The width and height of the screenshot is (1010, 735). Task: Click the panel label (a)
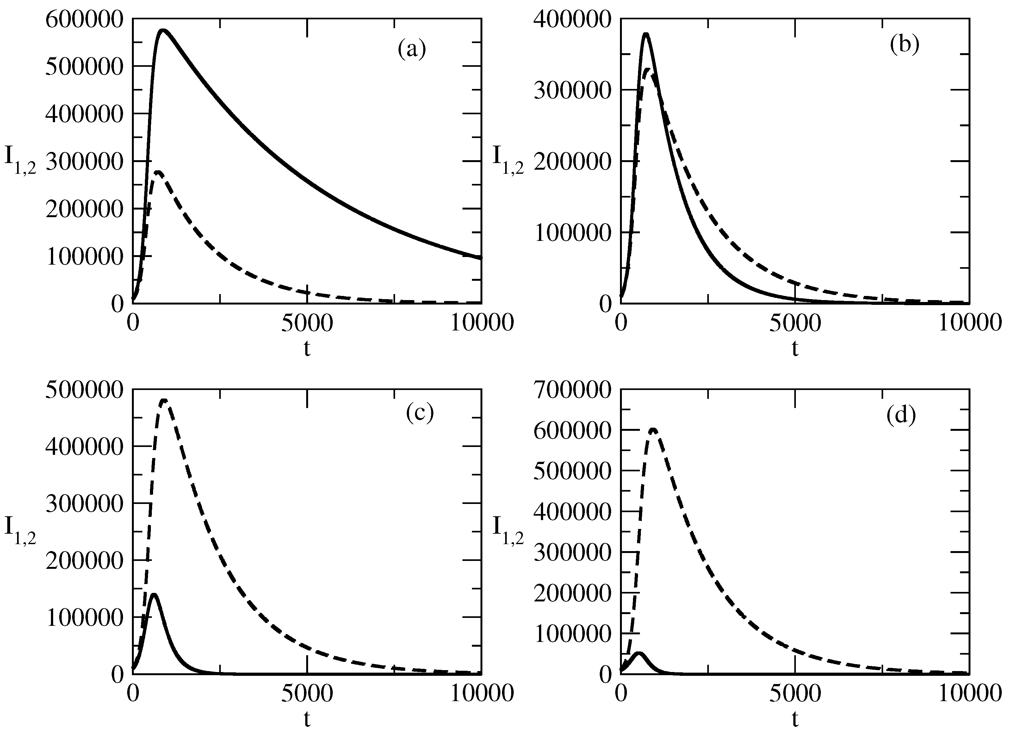coord(412,49)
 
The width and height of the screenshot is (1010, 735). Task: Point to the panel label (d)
coord(901,415)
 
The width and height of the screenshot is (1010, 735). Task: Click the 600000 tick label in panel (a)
coord(84,20)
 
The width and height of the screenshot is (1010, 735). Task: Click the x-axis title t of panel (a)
coord(307,349)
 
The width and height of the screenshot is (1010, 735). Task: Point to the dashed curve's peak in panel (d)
coord(653,430)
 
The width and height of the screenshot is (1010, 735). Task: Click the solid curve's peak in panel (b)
coord(646,34)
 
